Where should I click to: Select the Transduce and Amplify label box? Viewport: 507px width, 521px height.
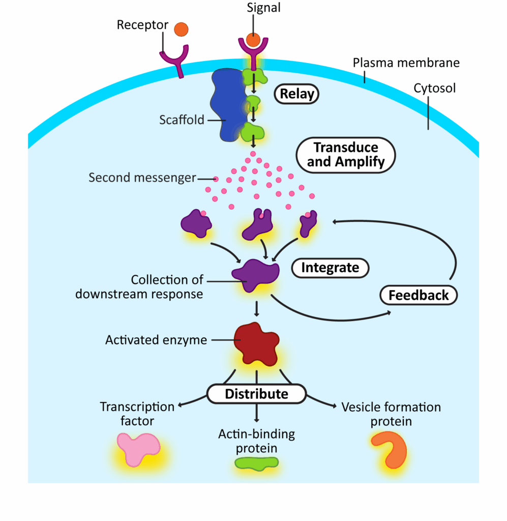[345, 154]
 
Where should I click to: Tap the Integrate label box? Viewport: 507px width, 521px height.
[330, 268]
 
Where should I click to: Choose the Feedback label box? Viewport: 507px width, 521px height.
[419, 295]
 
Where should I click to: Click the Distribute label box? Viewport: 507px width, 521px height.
[256, 394]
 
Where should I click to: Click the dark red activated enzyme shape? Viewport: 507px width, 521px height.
[256, 343]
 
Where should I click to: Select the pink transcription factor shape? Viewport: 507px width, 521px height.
[136, 448]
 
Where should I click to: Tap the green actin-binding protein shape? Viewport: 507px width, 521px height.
[256, 462]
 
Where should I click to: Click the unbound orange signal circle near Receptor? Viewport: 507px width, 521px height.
[181, 30]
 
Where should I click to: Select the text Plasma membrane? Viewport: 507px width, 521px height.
[406, 63]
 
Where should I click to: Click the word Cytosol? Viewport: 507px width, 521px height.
[434, 88]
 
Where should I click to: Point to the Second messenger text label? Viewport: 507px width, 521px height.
[142, 178]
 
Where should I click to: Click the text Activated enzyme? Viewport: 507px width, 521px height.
[156, 340]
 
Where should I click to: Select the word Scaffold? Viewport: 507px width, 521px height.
[182, 120]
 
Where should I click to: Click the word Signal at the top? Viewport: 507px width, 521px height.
[263, 8]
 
